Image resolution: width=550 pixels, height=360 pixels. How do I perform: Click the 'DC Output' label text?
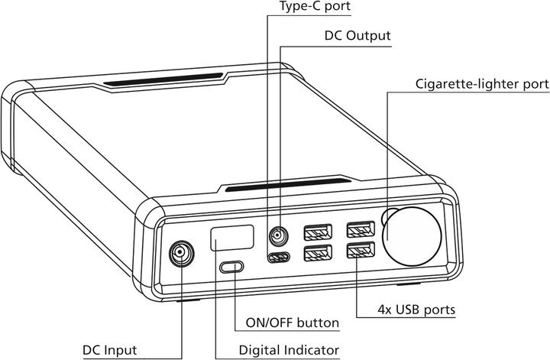358,35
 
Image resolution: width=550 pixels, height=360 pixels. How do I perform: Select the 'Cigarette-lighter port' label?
482,83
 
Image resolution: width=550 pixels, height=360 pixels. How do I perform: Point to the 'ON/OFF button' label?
293,323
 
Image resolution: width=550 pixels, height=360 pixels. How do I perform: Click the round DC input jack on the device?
180,252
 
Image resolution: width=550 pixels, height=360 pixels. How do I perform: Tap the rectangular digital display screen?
232,238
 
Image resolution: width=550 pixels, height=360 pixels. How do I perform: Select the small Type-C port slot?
277,257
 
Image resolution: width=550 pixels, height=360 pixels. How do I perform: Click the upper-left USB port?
317,231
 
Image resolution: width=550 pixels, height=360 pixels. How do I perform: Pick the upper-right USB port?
359,229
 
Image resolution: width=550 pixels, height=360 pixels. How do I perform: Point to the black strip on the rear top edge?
164,79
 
